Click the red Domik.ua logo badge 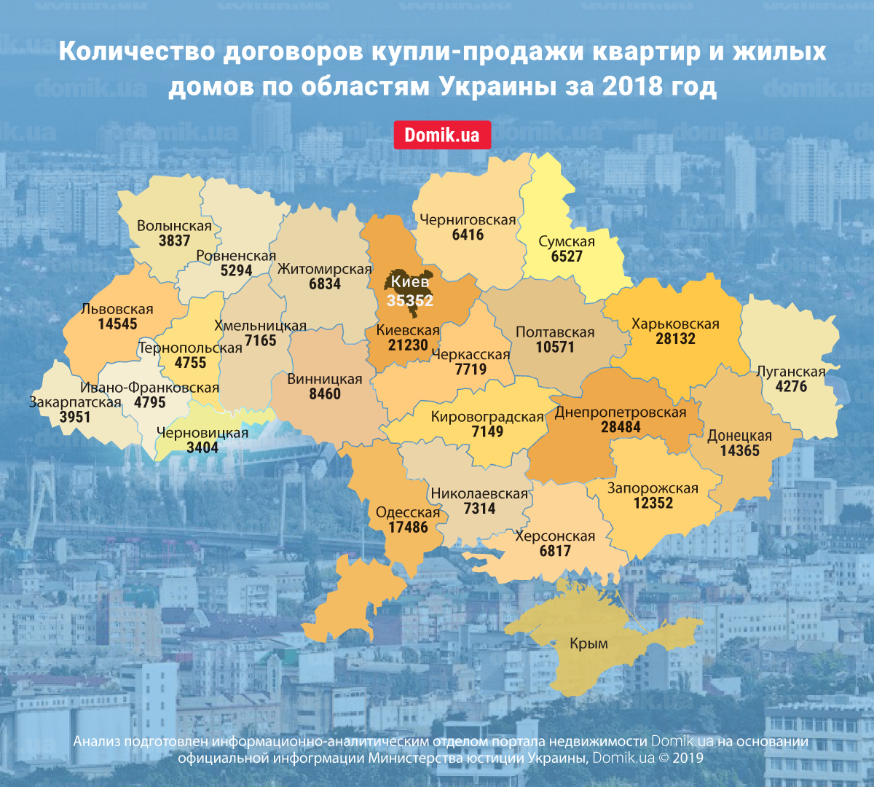pos(442,136)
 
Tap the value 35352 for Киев pos(410,300)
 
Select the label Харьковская pos(675,324)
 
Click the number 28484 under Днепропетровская pos(621,428)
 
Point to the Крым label pos(588,644)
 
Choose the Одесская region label pos(408,512)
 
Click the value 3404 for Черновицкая pos(202,447)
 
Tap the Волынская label pos(174,226)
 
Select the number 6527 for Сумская pos(566,257)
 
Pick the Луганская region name pos(791,372)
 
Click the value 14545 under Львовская pos(117,324)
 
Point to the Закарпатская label pos(75,402)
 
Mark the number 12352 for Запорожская pos(653,504)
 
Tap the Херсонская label pos(555,536)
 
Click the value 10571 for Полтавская pos(555,348)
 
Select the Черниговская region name pos(468,220)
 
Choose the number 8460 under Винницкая pos(324,394)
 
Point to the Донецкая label pos(739,436)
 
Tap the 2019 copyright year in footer pos(688,758)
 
